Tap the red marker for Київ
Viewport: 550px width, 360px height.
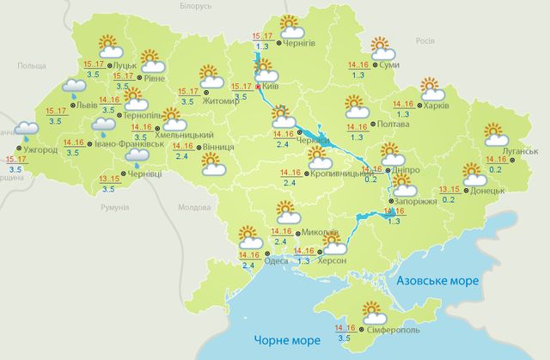pyautogui.click(x=260, y=88)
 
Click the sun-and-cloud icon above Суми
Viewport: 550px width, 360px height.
pyautogui.click(x=381, y=46)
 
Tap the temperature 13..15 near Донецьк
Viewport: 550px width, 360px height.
pyautogui.click(x=449, y=189)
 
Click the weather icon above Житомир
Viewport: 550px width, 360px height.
pyautogui.click(x=210, y=76)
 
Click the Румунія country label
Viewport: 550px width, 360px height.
pyautogui.click(x=113, y=208)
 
